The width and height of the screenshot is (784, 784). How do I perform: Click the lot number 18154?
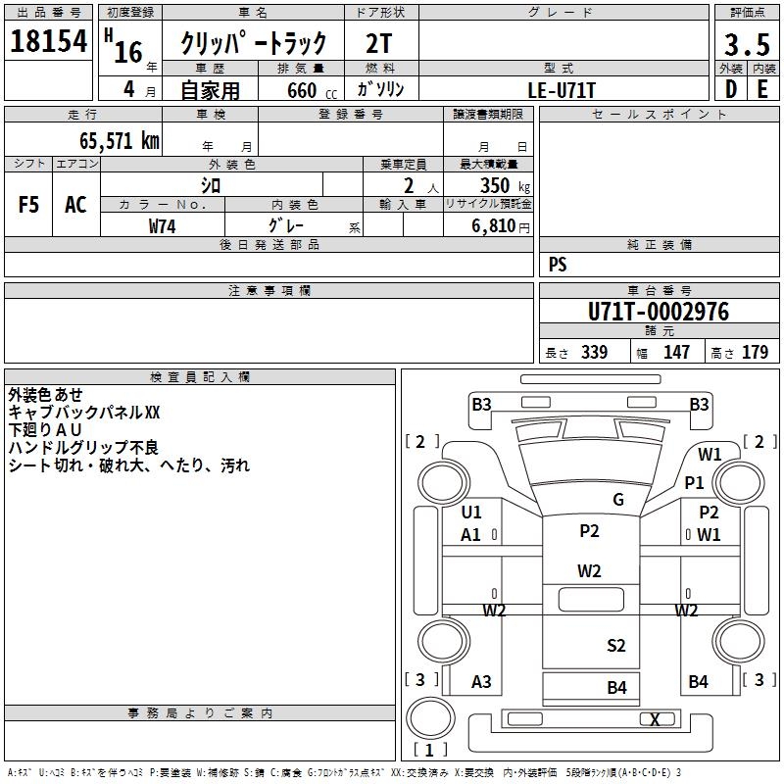pyautogui.click(x=48, y=41)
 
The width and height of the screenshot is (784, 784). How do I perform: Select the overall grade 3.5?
pyautogui.click(x=747, y=44)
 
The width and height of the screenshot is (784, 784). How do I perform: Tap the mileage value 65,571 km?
pyautogui.click(x=120, y=140)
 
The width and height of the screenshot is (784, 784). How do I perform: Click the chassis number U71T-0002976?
pyautogui.click(x=659, y=312)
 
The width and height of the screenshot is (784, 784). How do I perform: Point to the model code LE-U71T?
pyautogui.click(x=562, y=90)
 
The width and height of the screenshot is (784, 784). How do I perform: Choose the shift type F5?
pyautogui.click(x=28, y=205)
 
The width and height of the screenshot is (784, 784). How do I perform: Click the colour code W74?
pyautogui.click(x=162, y=226)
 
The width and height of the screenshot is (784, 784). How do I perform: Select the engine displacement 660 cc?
pyautogui.click(x=312, y=91)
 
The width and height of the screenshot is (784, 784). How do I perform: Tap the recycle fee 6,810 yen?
pyautogui.click(x=501, y=226)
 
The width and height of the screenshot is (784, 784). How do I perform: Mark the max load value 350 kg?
pyautogui.click(x=505, y=186)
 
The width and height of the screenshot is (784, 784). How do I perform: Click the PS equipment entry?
pyautogui.click(x=558, y=264)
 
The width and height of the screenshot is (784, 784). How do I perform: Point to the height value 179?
pyautogui.click(x=755, y=352)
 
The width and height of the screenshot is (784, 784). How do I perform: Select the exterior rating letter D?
pyautogui.click(x=731, y=89)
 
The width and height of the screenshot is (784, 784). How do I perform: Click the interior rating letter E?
pyautogui.click(x=762, y=89)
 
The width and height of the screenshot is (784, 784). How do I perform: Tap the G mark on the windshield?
pyautogui.click(x=618, y=499)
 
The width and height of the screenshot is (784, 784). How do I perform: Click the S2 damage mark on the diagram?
pyautogui.click(x=616, y=646)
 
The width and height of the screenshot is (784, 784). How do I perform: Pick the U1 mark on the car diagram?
pyautogui.click(x=471, y=512)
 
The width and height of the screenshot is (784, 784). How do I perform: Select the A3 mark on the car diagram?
pyautogui.click(x=481, y=681)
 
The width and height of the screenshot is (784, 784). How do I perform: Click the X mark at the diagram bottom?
pyautogui.click(x=655, y=719)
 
